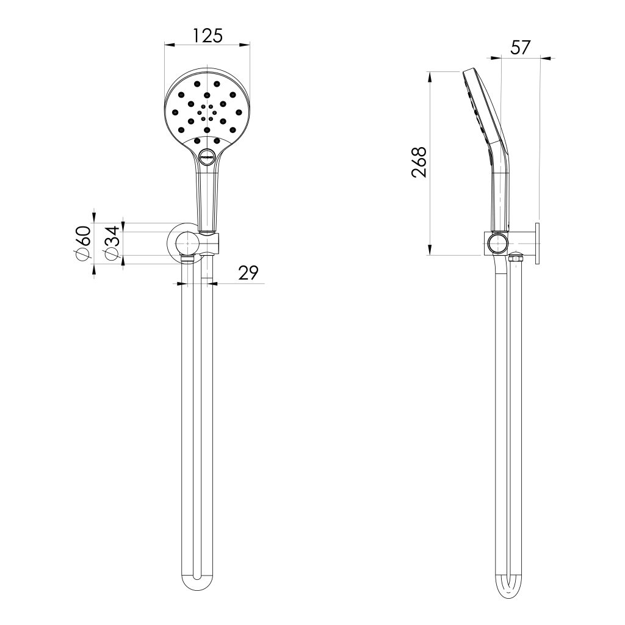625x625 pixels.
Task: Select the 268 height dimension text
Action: point(419,162)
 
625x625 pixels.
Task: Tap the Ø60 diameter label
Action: point(83,244)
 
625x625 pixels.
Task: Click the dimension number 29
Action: point(248,272)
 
